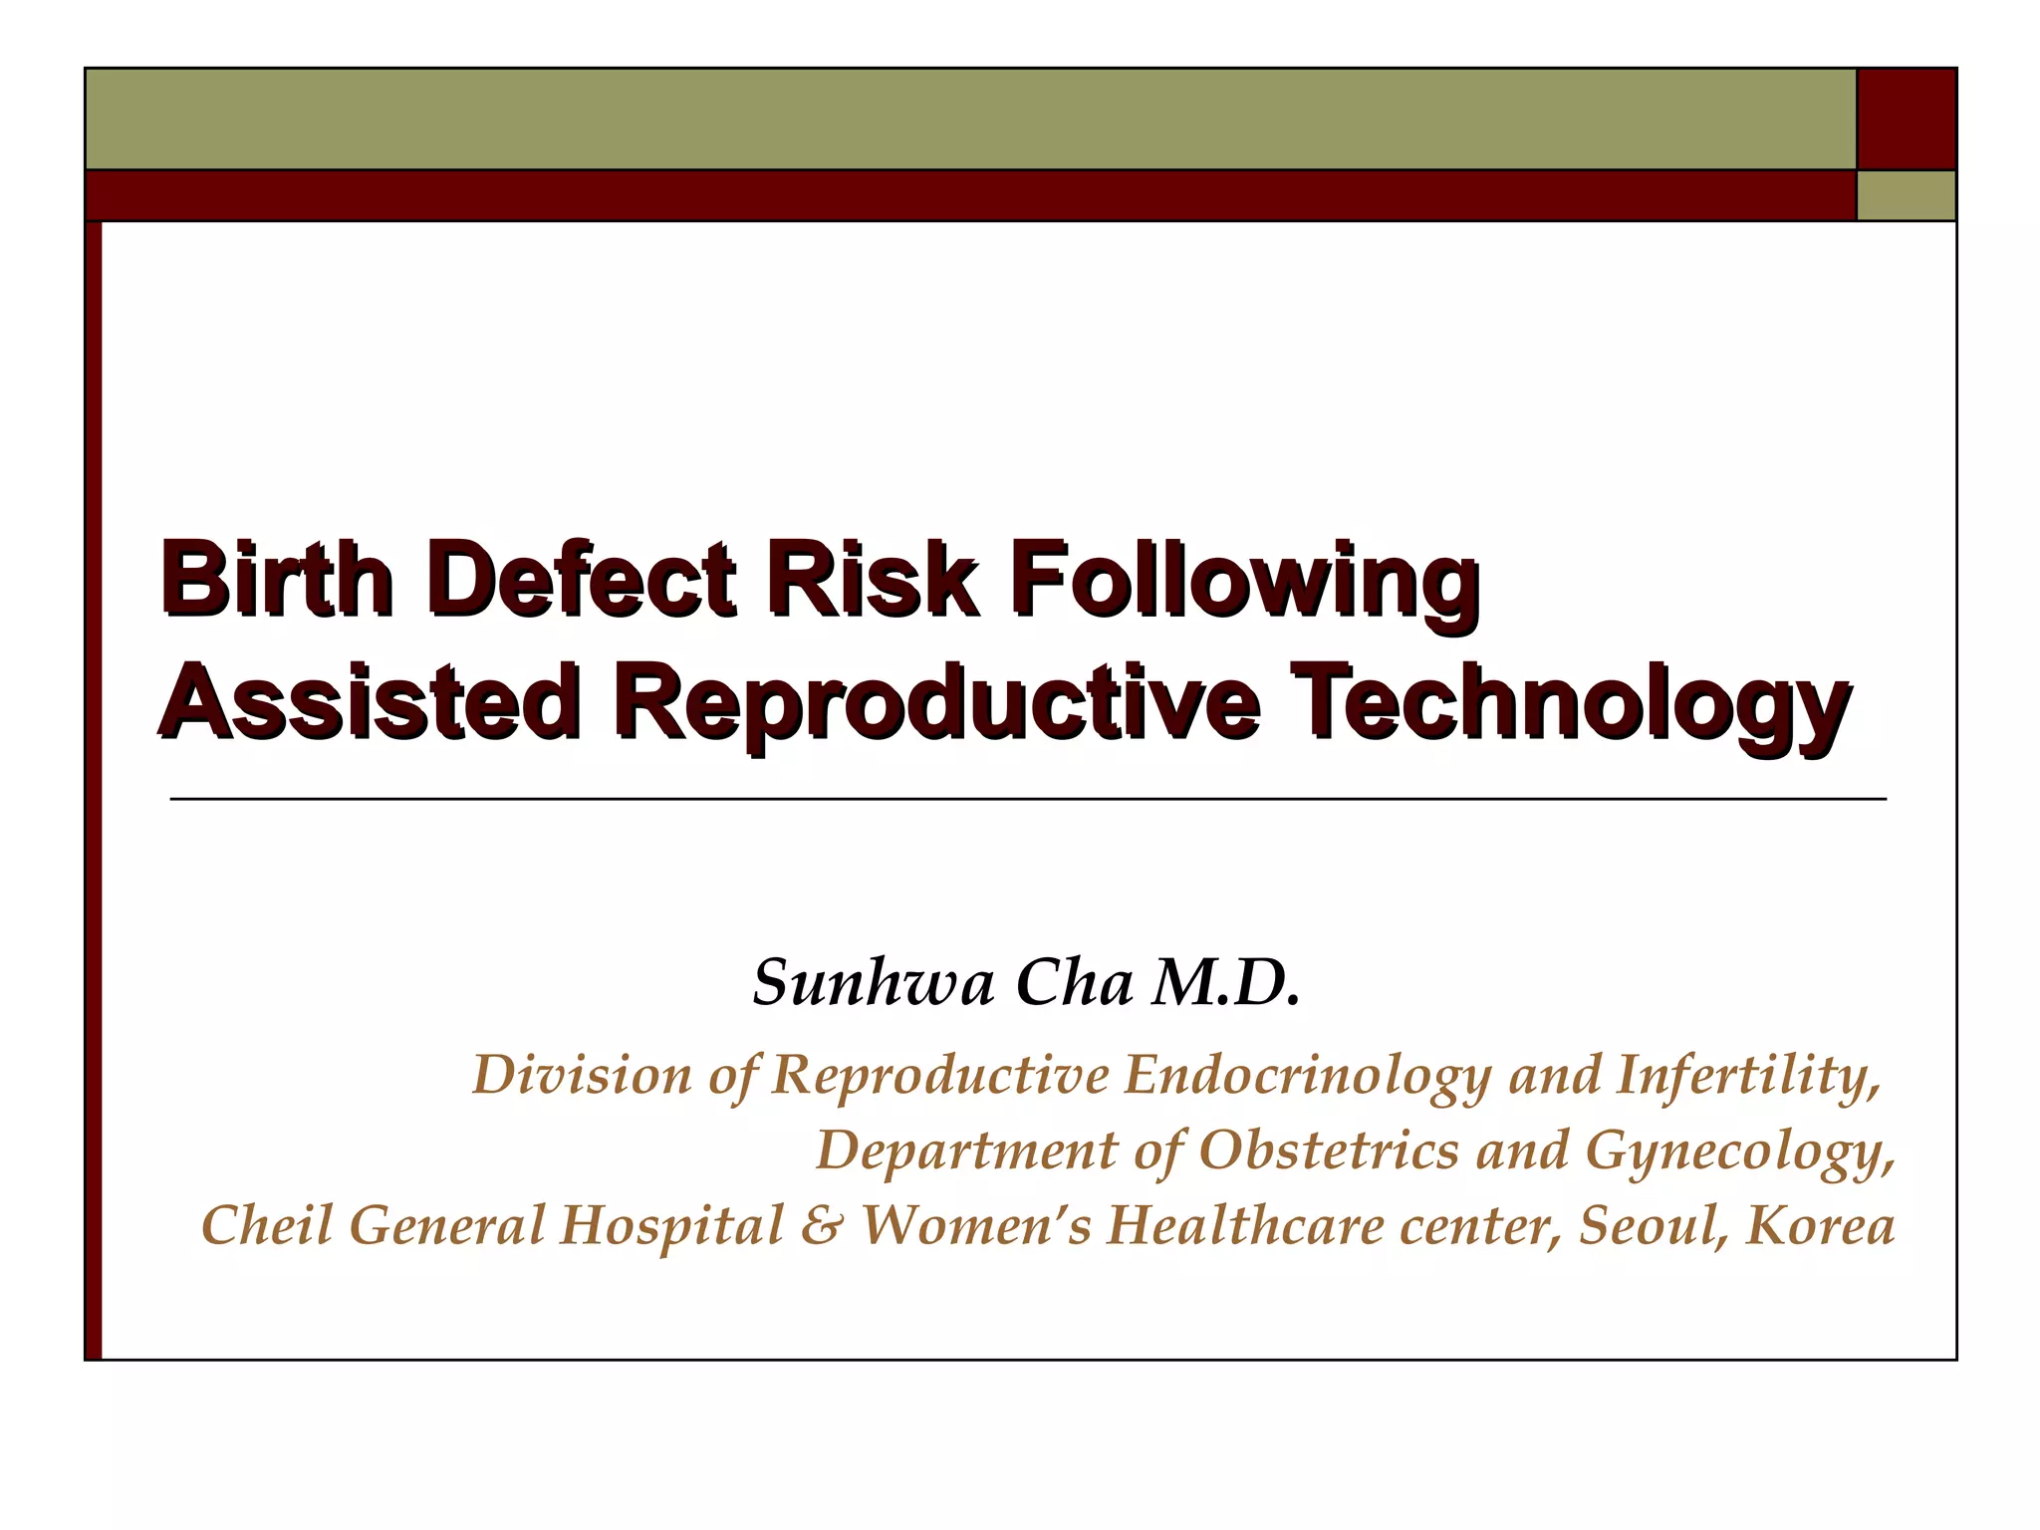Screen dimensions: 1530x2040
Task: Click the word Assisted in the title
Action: click(369, 702)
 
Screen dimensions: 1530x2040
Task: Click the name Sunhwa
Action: click(873, 983)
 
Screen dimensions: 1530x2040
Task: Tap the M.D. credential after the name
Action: click(1225, 983)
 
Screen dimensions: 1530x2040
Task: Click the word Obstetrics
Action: click(1329, 1151)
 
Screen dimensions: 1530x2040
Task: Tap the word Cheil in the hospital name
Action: click(266, 1225)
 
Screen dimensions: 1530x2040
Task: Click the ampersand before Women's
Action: click(821, 1225)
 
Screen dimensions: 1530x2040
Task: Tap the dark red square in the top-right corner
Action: click(1907, 119)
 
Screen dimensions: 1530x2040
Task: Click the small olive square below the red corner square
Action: click(1907, 195)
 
